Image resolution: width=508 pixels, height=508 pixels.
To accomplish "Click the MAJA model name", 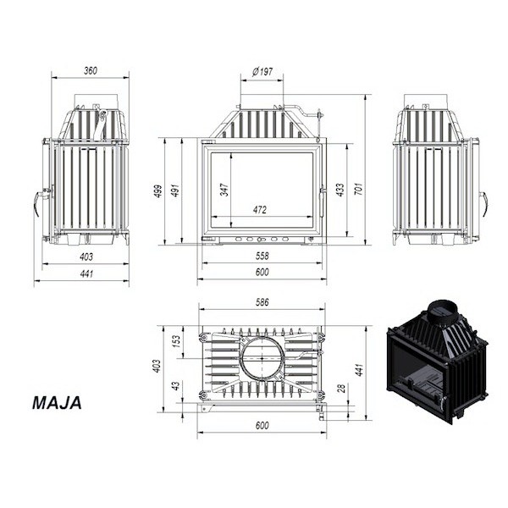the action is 57,403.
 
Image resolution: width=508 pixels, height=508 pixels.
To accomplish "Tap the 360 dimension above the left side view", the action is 91,70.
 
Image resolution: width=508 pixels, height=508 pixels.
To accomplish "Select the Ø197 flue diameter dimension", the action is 262,71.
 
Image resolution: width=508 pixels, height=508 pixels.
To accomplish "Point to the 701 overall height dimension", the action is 359,189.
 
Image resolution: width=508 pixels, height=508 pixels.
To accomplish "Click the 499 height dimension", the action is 158,191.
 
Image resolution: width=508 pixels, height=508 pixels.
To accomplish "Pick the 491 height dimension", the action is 175,190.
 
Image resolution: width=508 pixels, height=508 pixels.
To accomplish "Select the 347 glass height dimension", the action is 224,190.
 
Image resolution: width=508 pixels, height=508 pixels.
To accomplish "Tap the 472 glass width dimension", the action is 260,210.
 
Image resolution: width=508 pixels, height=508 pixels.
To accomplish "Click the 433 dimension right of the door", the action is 340,190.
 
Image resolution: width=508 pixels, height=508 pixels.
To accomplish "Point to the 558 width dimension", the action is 262,257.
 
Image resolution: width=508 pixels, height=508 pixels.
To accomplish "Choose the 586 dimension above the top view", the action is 262,302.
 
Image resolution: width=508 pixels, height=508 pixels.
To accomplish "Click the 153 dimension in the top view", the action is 176,341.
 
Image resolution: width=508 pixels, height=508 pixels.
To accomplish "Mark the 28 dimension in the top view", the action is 341,388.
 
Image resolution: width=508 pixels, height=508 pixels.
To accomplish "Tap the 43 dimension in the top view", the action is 176,386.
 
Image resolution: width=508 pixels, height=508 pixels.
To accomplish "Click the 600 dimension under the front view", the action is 262,272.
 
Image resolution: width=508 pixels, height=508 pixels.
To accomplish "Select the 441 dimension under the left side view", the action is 86,274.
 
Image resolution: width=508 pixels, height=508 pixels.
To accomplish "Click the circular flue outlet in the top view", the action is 262,359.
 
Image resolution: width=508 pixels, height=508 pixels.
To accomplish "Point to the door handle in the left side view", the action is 38,201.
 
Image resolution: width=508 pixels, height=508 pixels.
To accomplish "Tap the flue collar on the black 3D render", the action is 443,310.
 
